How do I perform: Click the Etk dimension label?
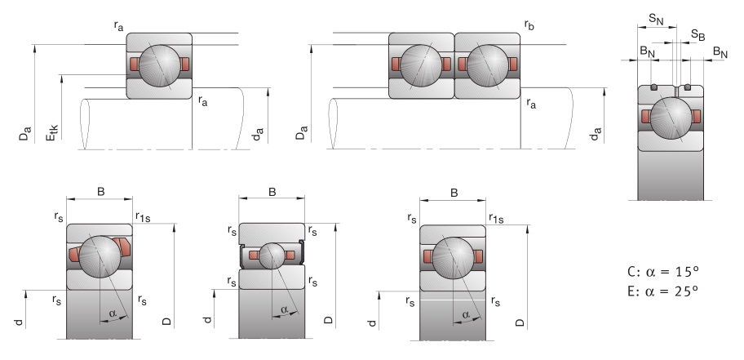coord(52,131)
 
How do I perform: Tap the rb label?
coord(529,25)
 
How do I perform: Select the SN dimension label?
coord(656,20)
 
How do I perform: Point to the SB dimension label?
coord(697,34)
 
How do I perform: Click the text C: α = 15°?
coord(663,272)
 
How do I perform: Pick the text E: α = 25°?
coord(663,291)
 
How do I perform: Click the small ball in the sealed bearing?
coord(272,256)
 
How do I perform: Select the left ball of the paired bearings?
coord(421,65)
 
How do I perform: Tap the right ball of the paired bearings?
coord(488,65)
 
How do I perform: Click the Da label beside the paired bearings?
coord(302,132)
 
